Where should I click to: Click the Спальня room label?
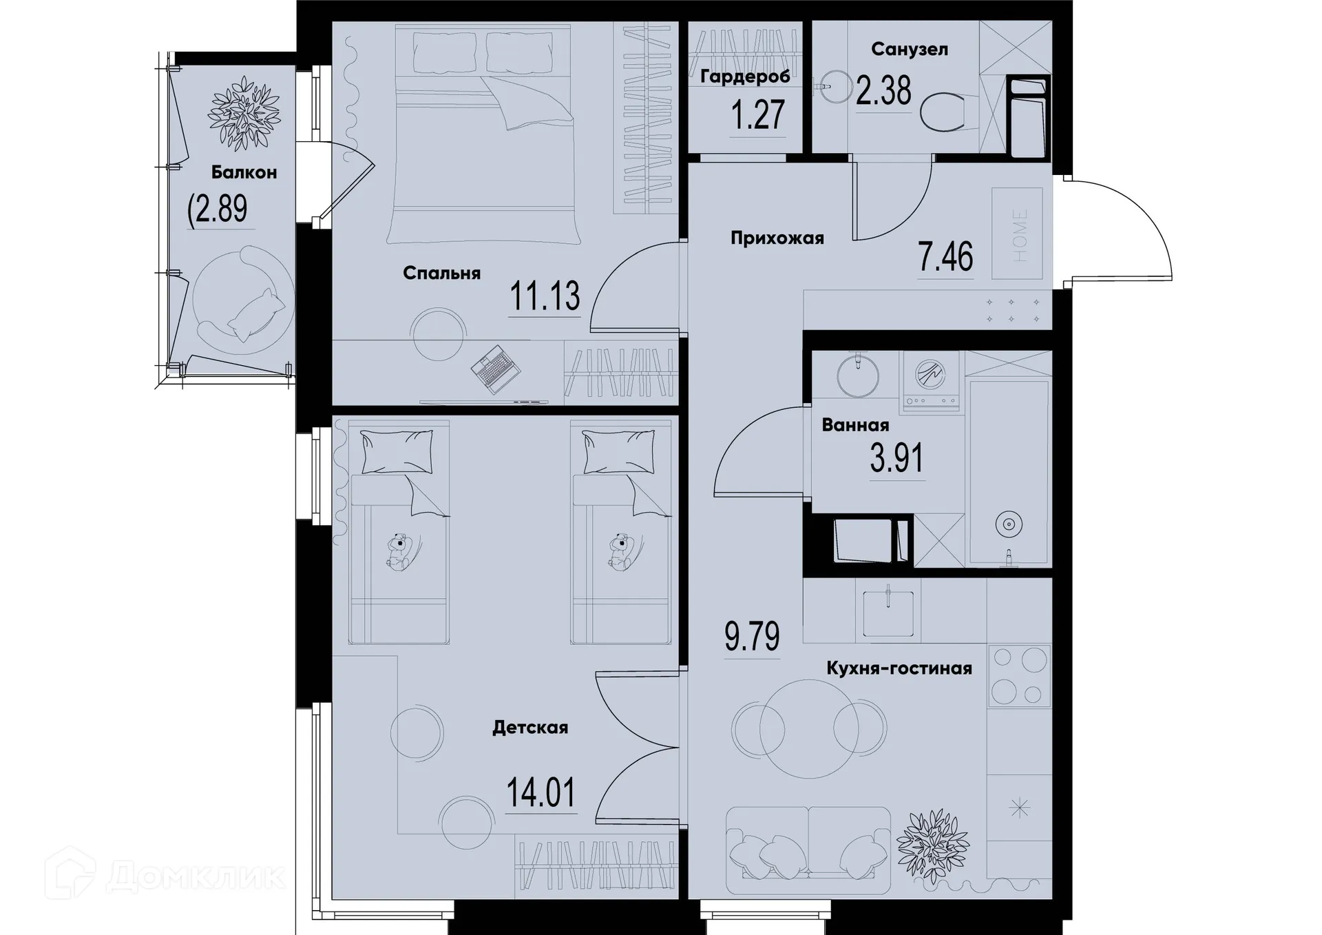441,274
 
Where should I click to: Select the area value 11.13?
545,296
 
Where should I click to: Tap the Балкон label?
244,172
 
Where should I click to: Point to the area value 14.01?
541,793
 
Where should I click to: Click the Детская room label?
529,728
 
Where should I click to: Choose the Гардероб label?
745,76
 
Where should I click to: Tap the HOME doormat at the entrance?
1018,234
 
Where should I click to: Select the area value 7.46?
945,257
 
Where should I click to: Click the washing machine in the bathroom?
931,381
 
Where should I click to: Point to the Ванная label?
855,425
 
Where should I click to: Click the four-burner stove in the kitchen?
1019,676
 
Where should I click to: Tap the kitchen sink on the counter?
888,611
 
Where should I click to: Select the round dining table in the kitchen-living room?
809,728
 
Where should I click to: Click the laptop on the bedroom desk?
494,369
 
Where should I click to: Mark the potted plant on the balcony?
244,113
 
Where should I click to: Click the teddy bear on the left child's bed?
398,551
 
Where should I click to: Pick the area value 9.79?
752,637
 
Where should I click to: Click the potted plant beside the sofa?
932,845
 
